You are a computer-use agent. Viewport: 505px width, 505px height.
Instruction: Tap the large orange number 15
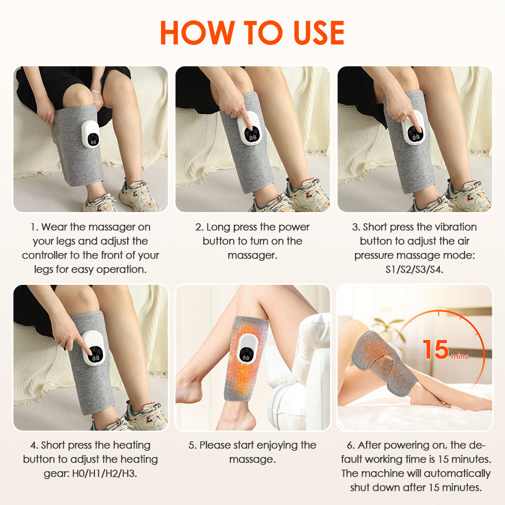(x=435, y=349)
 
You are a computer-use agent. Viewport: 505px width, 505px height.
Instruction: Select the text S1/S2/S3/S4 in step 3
(x=414, y=270)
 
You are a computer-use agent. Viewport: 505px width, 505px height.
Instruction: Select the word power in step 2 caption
(x=297, y=227)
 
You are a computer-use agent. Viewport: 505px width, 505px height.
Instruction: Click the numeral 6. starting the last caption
(x=350, y=445)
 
